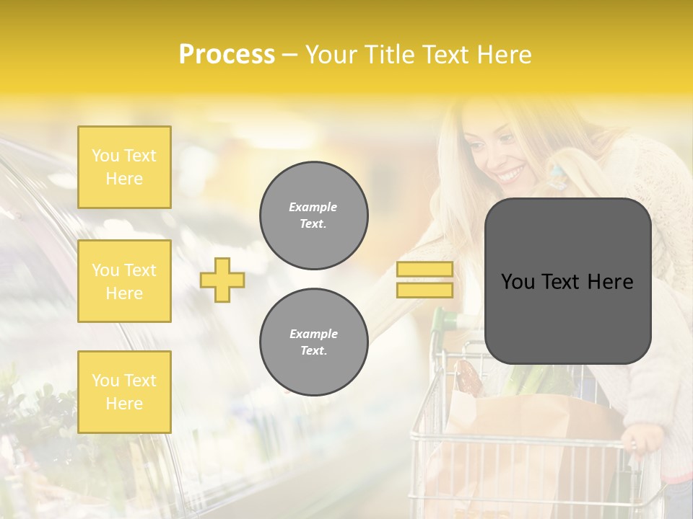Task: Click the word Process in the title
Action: (x=227, y=55)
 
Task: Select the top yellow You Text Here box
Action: (x=124, y=167)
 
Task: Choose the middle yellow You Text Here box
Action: (x=124, y=281)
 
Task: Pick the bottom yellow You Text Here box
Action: (x=124, y=391)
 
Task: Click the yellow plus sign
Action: (x=222, y=280)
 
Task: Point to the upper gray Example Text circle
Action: (x=313, y=216)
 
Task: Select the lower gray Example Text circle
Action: (x=313, y=342)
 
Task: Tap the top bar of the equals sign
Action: (x=425, y=269)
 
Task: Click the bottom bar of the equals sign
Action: (x=425, y=290)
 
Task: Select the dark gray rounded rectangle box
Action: (x=567, y=317)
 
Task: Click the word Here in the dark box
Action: (x=609, y=282)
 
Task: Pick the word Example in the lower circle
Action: (x=313, y=334)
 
